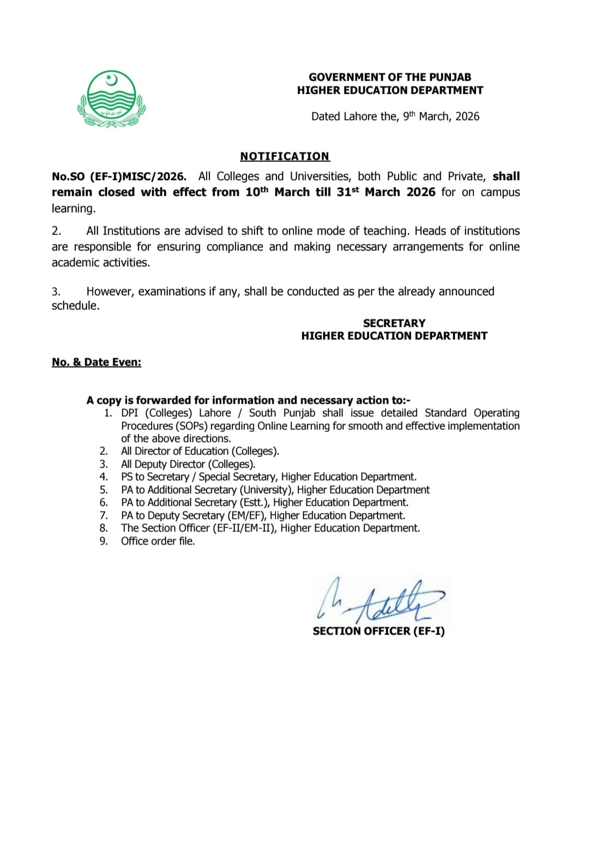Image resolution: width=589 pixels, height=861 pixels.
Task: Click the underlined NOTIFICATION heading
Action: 285,157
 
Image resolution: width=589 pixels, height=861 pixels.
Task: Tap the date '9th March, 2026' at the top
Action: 441,116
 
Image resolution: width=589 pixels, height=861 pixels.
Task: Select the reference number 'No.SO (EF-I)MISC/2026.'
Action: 119,176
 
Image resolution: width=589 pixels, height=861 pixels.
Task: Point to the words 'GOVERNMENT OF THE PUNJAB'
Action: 390,77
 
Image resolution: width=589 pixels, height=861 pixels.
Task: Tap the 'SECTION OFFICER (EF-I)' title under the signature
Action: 378,631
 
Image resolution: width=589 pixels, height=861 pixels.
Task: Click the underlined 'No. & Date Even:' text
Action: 97,362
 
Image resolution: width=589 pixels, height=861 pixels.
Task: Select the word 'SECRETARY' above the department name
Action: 394,323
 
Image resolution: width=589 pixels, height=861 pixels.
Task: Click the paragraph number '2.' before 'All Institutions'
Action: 56,231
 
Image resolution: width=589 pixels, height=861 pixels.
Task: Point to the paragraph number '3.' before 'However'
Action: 56,291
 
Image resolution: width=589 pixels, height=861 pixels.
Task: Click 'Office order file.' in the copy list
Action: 158,541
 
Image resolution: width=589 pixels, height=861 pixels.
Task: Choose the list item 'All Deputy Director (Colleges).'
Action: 188,464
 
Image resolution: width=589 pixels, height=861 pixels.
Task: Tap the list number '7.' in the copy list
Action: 104,516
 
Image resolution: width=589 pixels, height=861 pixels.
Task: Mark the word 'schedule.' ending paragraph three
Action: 76,306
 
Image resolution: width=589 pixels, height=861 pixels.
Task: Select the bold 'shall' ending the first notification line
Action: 506,176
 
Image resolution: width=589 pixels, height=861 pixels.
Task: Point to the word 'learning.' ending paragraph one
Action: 74,208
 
